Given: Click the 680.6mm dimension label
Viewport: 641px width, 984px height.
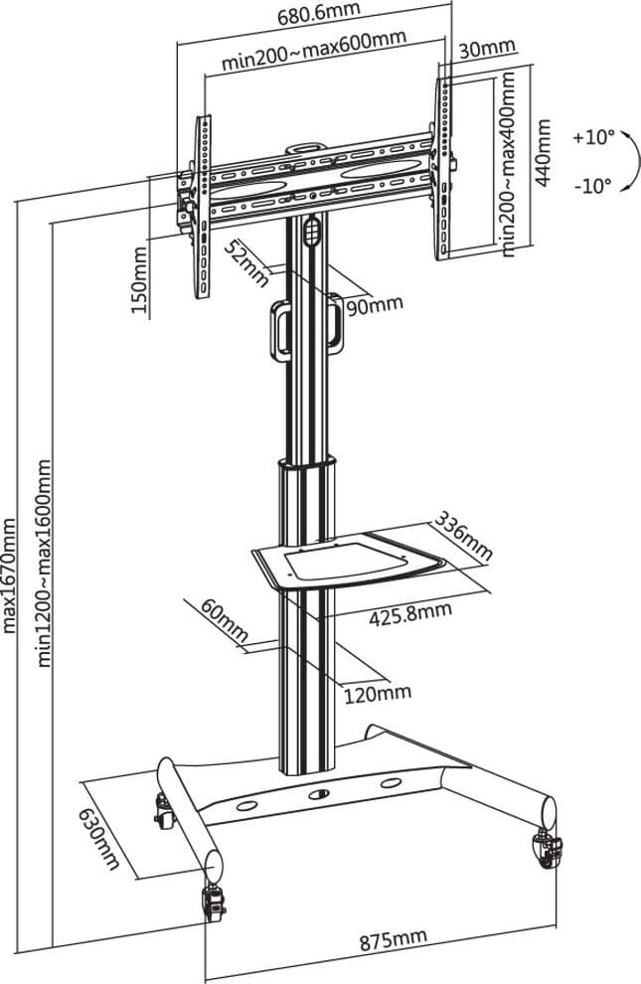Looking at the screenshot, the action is [x=319, y=13].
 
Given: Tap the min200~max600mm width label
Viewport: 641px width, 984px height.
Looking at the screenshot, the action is [x=314, y=49].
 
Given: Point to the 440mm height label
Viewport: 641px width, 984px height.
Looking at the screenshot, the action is [x=544, y=152].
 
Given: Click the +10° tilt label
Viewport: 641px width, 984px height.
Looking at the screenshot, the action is [x=593, y=138].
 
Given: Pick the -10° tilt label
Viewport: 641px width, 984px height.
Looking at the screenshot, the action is [x=592, y=186].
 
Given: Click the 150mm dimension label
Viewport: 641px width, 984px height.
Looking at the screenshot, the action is [x=139, y=280].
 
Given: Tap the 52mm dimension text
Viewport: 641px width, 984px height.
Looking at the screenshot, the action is [x=246, y=263].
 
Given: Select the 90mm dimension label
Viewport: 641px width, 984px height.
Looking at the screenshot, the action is [x=375, y=306].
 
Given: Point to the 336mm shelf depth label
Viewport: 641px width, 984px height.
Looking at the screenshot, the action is [x=464, y=536].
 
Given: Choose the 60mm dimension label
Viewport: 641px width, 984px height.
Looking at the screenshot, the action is [x=225, y=621].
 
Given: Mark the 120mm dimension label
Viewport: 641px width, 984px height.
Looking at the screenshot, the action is [x=377, y=693].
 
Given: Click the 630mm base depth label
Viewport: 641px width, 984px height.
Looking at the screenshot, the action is [x=99, y=839].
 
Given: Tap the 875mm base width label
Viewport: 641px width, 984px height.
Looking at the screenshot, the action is [x=393, y=939].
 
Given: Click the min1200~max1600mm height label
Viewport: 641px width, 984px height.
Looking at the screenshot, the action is [x=45, y=563].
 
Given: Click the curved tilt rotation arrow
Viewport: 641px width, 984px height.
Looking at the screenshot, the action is [x=635, y=162].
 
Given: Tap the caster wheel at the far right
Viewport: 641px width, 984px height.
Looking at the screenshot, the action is [x=547, y=849].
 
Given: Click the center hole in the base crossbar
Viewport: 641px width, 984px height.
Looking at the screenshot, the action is [x=319, y=794].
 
